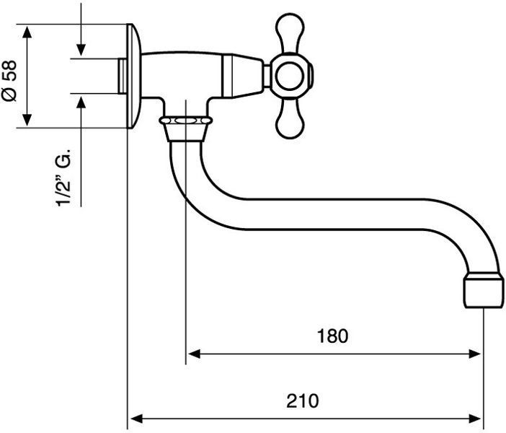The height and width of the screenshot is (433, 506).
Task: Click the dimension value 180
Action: [333, 336]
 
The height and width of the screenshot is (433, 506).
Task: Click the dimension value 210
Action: [302, 401]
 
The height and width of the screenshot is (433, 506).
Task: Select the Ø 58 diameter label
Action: [9, 81]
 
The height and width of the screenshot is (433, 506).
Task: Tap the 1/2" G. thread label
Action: [63, 178]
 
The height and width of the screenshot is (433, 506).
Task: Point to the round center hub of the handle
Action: [290, 76]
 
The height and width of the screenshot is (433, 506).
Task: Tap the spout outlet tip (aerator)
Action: [484, 290]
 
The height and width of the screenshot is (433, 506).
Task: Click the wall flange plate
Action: [133, 76]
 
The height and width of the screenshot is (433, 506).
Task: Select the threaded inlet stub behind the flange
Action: [123, 76]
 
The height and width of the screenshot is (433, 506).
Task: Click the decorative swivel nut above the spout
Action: [186, 121]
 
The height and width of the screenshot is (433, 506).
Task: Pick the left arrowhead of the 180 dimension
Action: [195, 354]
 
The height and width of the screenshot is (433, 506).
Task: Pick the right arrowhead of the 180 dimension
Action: [474, 354]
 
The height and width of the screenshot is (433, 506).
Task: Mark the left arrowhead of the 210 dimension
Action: [137, 419]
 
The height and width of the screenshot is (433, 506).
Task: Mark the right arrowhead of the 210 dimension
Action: [475, 419]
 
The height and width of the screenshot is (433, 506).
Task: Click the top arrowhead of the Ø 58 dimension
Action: [27, 32]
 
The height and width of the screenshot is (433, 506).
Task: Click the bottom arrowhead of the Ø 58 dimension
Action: [27, 120]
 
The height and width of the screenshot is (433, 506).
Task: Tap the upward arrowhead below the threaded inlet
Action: [81, 103]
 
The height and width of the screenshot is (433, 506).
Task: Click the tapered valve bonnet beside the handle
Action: [242, 76]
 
